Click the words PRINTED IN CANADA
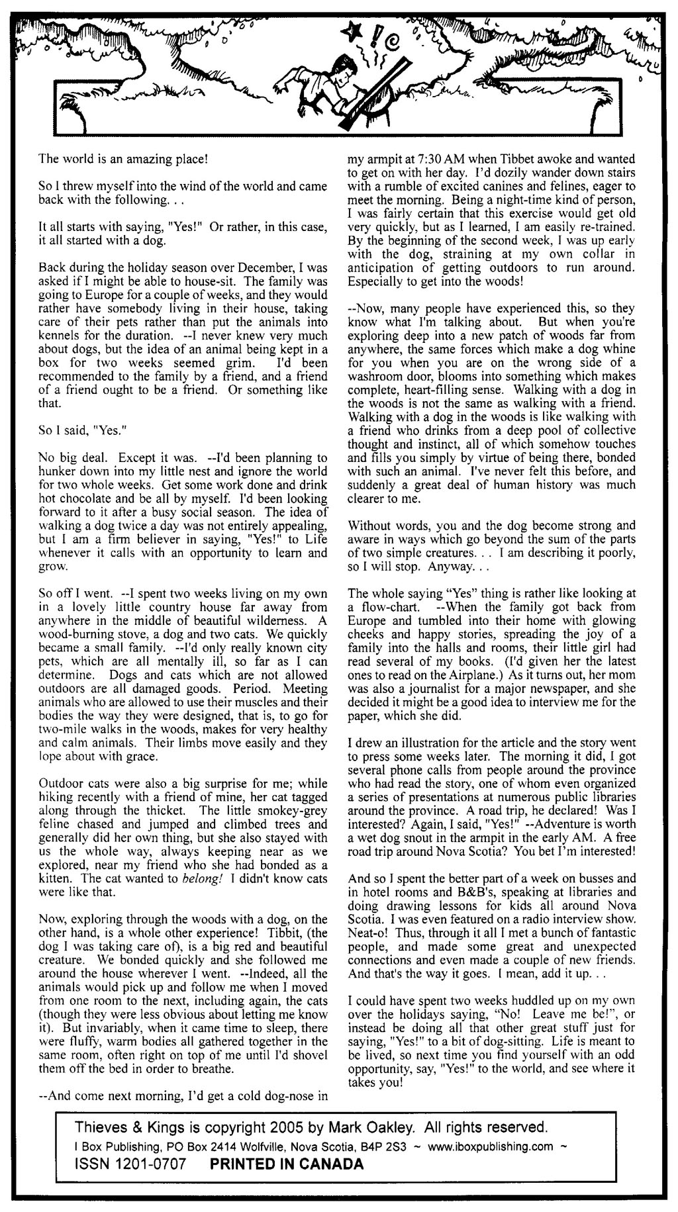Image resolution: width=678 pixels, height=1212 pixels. (287, 1163)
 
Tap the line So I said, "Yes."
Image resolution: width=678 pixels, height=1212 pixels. (78, 430)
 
